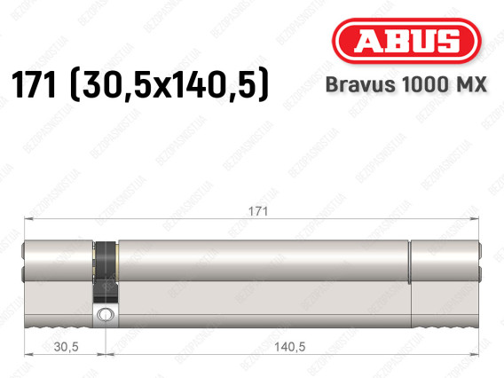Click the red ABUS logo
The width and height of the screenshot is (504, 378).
coord(406,41)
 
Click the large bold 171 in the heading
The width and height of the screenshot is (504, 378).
coord(34,84)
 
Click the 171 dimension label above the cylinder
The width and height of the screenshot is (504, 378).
coord(258,211)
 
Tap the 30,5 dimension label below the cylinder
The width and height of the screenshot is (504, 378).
coord(67,347)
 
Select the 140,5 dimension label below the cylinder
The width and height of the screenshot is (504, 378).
coord(289,347)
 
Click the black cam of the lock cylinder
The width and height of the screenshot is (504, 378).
coord(105,272)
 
